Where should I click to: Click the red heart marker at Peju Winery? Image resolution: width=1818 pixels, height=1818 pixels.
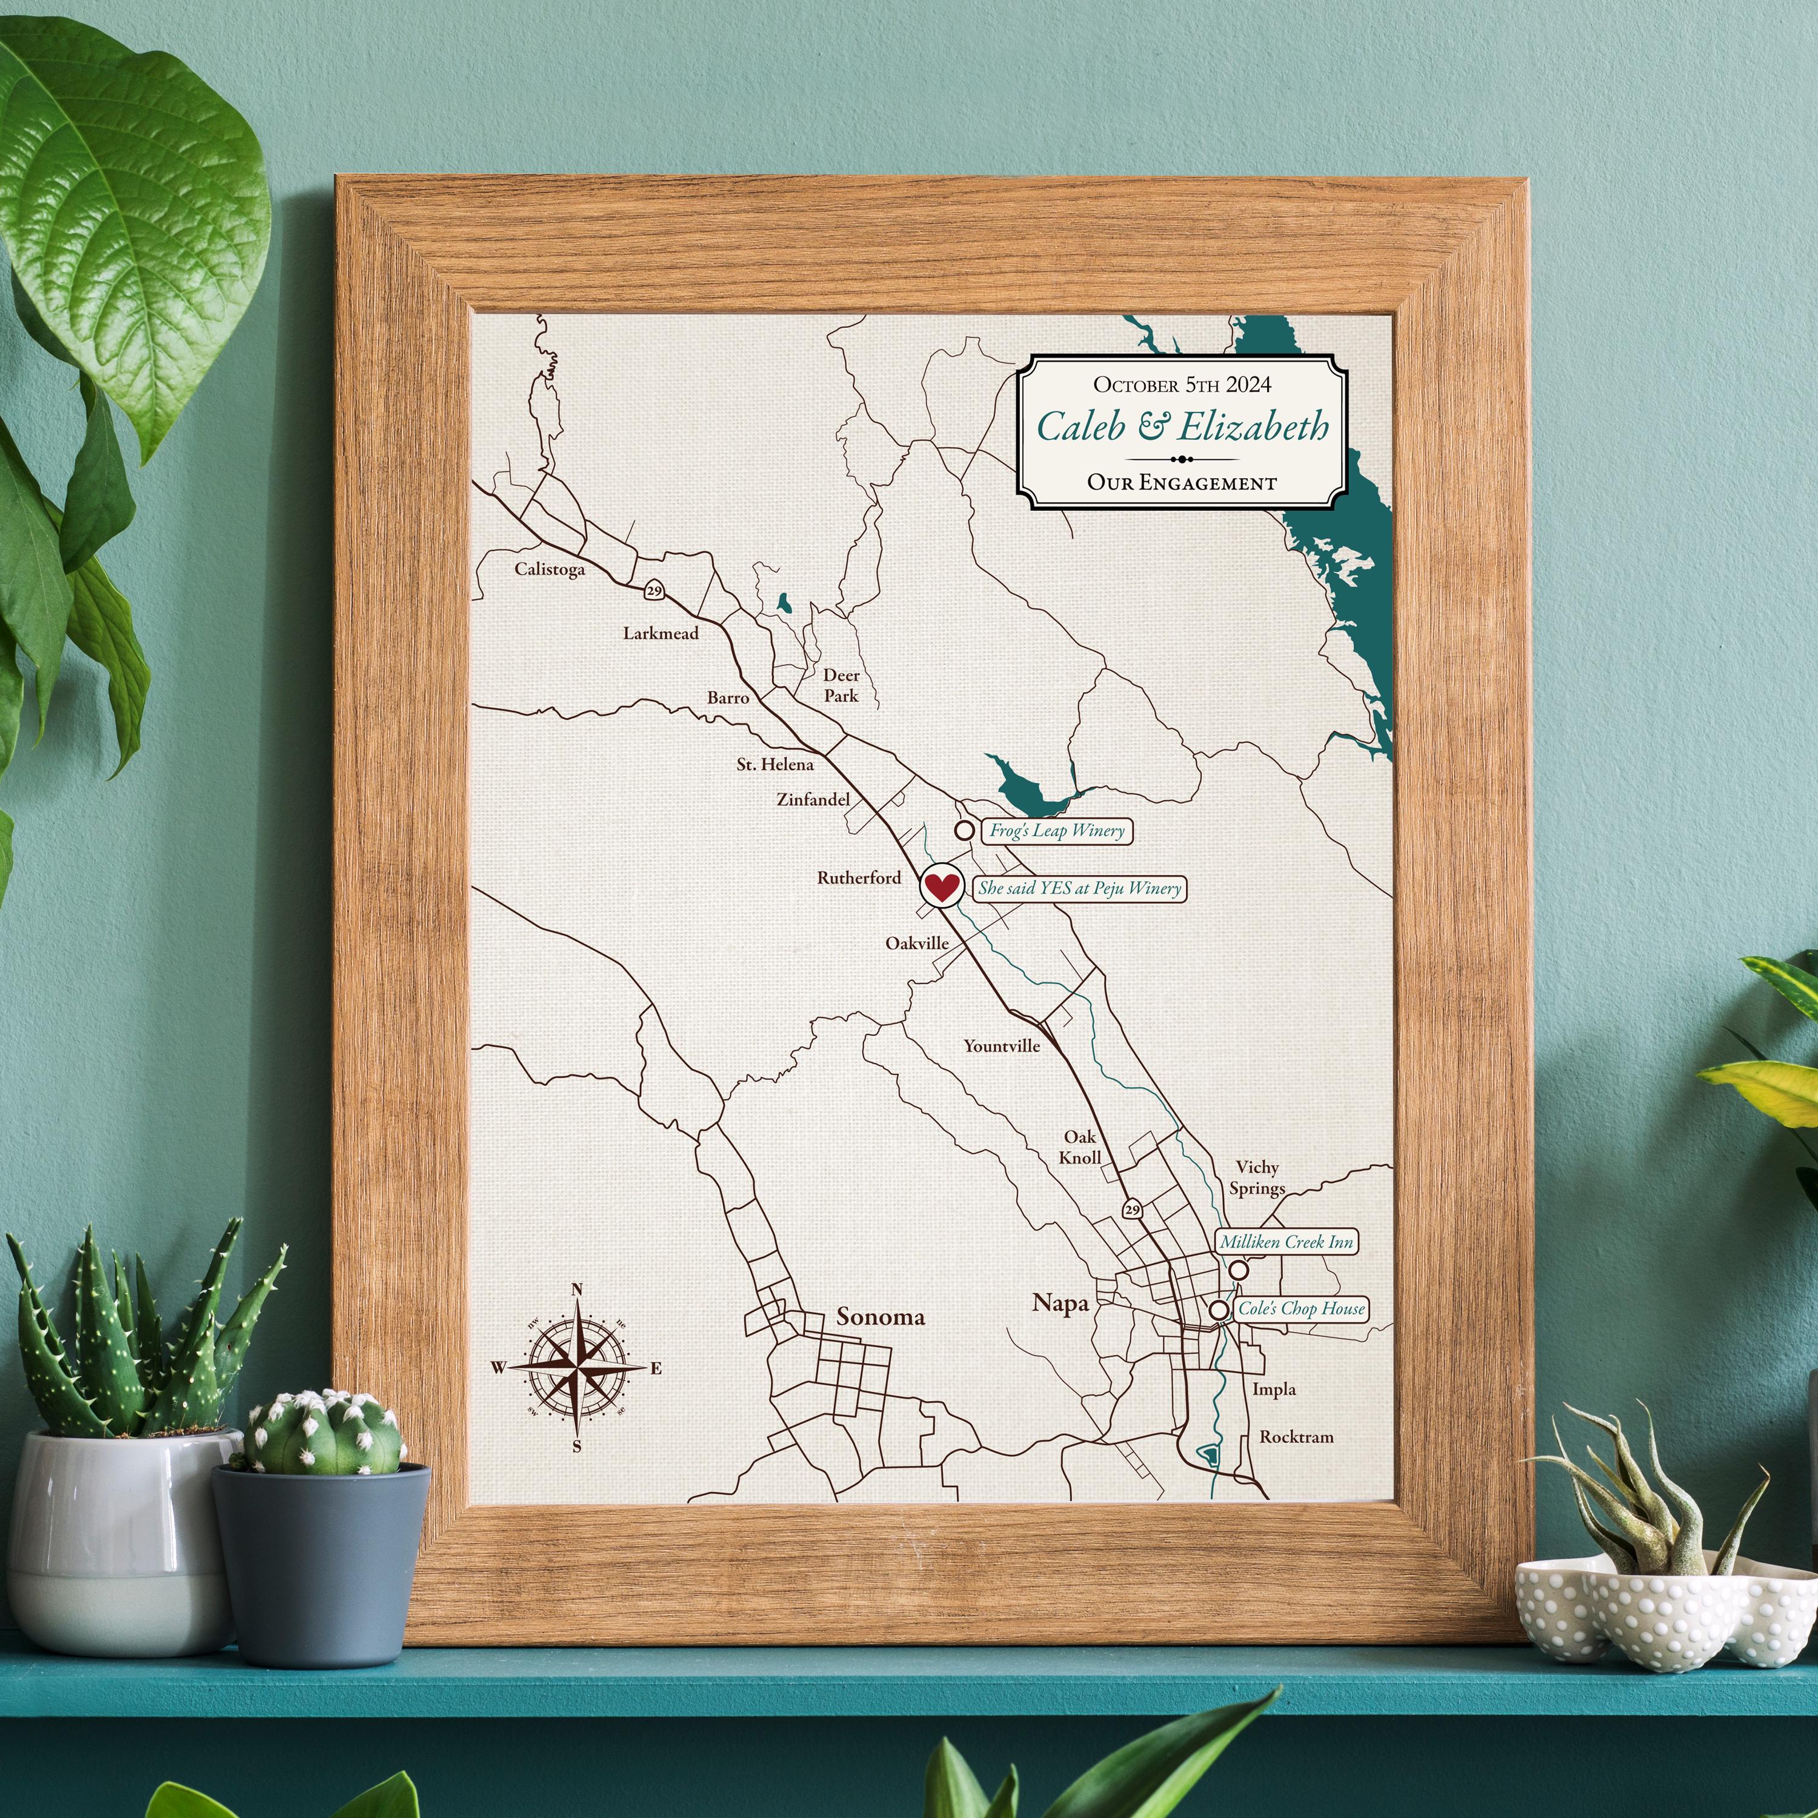pyautogui.click(x=940, y=885)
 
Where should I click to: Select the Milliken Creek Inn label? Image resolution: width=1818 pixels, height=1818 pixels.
pyautogui.click(x=1285, y=1242)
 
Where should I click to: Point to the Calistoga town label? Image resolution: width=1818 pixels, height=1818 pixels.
pyautogui.click(x=550, y=569)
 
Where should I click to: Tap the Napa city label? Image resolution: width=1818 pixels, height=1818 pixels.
pyautogui.click(x=1060, y=1304)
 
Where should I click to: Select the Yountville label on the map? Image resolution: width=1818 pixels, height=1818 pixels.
pyautogui.click(x=1001, y=1045)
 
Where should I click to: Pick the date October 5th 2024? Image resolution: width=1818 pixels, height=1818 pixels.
pyautogui.click(x=1182, y=384)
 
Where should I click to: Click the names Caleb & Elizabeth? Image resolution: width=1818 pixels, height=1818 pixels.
pyautogui.click(x=1182, y=427)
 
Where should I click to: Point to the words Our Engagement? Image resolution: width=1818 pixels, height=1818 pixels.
pyautogui.click(x=1182, y=483)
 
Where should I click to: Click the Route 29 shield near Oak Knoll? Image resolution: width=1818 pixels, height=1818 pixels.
pyautogui.click(x=1132, y=1209)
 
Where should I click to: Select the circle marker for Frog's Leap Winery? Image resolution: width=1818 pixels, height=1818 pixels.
pyautogui.click(x=964, y=830)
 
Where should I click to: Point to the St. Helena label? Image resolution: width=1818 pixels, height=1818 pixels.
pyautogui.click(x=774, y=765)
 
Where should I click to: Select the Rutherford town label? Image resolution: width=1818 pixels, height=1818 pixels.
pyautogui.click(x=858, y=878)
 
